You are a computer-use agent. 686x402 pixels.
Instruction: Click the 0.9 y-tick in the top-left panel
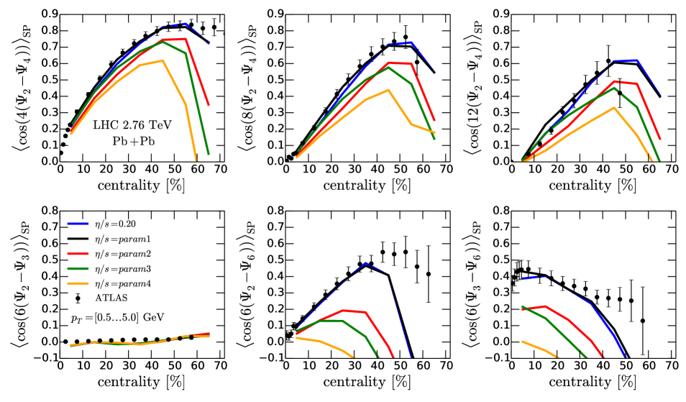click(47, 13)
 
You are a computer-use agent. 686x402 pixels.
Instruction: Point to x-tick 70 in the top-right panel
click(670, 170)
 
